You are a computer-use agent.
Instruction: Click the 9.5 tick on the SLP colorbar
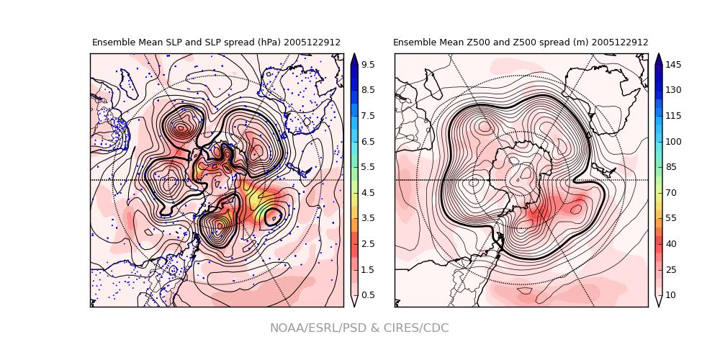[x=354, y=64]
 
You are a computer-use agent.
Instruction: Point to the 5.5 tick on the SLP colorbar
[x=354, y=166]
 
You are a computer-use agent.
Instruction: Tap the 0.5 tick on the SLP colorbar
[x=354, y=294]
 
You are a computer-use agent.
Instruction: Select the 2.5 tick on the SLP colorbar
[x=354, y=243]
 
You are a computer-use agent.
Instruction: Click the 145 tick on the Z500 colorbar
[x=659, y=64]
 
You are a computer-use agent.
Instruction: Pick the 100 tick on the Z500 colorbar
[x=659, y=141]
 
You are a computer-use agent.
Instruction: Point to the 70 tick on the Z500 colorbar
[x=659, y=192]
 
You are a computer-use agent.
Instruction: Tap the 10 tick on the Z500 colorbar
[x=659, y=294]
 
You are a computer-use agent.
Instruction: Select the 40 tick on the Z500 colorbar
[x=659, y=243]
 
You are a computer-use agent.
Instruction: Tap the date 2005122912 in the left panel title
[x=312, y=42]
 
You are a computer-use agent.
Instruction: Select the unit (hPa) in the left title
[x=267, y=42]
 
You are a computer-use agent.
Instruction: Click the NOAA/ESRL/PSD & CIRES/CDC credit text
[x=359, y=328]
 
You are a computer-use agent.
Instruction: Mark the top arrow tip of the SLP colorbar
[x=354, y=54]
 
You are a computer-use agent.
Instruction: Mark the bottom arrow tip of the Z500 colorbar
[x=659, y=306]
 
